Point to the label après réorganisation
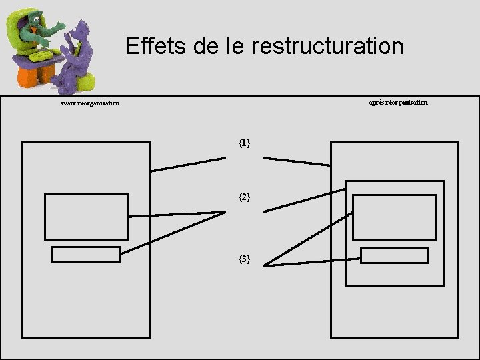click(399, 103)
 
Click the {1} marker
click(245, 143)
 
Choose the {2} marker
click(245, 197)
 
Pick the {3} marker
click(245, 258)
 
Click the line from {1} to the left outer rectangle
click(189, 165)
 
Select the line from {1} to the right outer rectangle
click(297, 161)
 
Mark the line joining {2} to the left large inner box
click(177, 214)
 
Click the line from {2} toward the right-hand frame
click(304, 201)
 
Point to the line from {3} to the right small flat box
click(312, 263)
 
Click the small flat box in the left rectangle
click(86, 255)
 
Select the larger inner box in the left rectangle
click(86, 217)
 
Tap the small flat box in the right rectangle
click(395, 255)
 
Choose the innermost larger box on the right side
click(394, 217)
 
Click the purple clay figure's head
click(81, 28)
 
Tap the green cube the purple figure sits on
click(84, 81)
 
